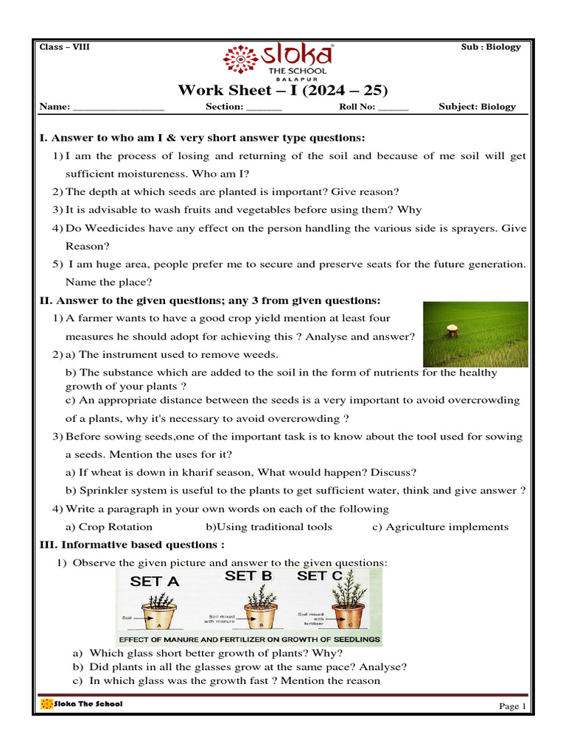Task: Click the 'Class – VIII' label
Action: (x=63, y=47)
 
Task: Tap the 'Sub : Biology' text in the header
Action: (x=491, y=47)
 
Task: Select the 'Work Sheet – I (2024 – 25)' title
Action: (x=283, y=91)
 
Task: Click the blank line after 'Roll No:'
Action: (x=393, y=108)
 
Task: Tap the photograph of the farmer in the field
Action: (x=475, y=334)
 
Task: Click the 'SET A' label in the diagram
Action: (x=155, y=581)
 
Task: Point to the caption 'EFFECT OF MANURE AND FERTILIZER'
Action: (x=249, y=640)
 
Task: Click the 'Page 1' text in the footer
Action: (x=513, y=707)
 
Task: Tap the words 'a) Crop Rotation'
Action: (x=109, y=527)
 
